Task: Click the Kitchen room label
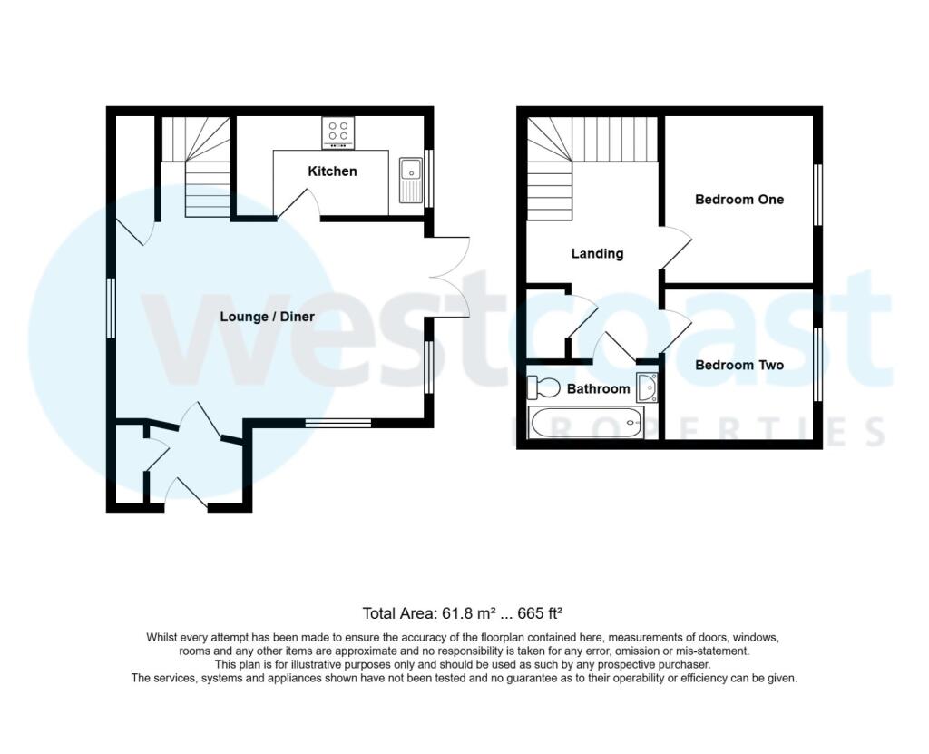332,171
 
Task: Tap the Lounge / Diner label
268,317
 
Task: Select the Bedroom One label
739,200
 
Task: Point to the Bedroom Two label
739,365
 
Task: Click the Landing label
597,254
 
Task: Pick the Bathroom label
599,389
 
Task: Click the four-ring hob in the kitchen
338,132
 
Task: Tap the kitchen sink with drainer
411,181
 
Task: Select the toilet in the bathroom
544,388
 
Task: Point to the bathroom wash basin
646,387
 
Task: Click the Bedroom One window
818,194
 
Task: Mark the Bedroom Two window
818,365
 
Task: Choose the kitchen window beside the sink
429,179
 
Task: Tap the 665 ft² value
540,613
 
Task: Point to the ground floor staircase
196,167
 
